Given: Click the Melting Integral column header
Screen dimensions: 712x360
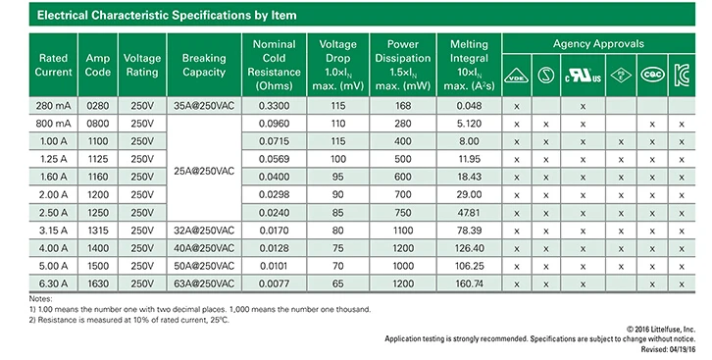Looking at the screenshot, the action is [x=469, y=65].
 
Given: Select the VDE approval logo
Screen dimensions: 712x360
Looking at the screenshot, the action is [x=516, y=76].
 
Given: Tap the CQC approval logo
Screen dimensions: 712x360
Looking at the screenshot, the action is [x=652, y=75].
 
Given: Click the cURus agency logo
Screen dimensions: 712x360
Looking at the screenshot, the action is [x=584, y=76].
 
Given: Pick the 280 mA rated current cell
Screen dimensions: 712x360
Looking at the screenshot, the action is [x=53, y=106].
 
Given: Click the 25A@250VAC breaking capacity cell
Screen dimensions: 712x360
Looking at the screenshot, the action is [x=204, y=171].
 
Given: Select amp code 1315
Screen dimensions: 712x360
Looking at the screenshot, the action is [x=98, y=231].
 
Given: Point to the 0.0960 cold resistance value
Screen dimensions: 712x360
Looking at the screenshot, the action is [x=274, y=124].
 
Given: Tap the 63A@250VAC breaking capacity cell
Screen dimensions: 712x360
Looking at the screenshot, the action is [x=204, y=283].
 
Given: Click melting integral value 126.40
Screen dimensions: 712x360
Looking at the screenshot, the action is [x=469, y=248].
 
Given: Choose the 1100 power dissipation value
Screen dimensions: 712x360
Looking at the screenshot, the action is [x=403, y=231].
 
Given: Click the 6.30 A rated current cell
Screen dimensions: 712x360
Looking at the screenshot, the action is [x=53, y=283].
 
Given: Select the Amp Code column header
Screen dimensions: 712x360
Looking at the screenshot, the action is [x=98, y=65].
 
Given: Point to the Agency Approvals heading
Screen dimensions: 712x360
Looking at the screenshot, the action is [x=598, y=44].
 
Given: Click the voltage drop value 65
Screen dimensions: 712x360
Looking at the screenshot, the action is [x=337, y=283].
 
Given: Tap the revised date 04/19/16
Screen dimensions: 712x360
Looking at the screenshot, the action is [x=682, y=349].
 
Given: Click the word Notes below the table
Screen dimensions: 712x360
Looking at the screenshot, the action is [x=40, y=299].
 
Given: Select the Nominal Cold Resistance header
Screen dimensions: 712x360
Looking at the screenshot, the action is [x=274, y=65].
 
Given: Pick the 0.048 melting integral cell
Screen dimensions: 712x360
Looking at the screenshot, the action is [x=469, y=106].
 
